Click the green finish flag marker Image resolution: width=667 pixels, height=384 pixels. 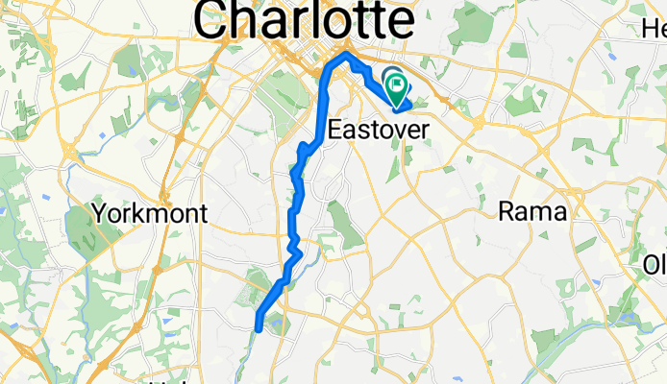(x=398, y=87)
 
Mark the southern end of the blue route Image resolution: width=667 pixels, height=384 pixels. (x=259, y=327)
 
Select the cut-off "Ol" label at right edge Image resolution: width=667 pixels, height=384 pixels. (x=655, y=263)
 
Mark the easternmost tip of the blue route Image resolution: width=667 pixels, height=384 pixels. (x=411, y=101)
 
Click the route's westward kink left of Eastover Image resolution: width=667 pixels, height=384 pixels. (x=301, y=149)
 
